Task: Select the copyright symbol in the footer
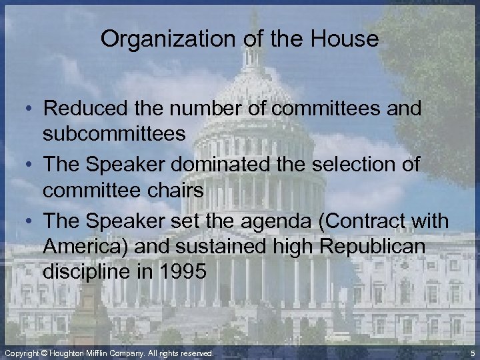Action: (44, 352)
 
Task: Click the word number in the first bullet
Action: (197, 109)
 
